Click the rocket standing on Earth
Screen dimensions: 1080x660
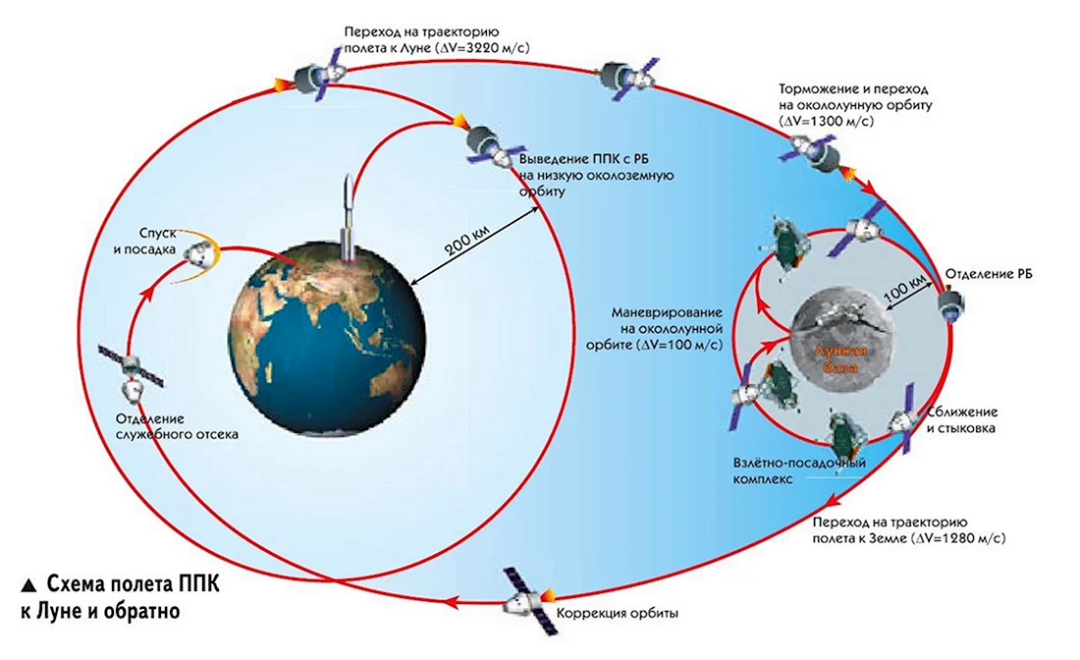pos(350,219)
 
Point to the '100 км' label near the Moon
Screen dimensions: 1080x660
pos(903,288)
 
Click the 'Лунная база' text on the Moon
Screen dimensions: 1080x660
pos(841,358)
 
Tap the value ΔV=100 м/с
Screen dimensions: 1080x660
pos(678,345)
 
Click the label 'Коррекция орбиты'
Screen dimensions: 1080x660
pos(617,613)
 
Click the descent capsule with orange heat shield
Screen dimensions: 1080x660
pos(202,252)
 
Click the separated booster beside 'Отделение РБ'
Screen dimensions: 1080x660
pos(952,303)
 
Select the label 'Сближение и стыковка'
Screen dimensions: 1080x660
pos(961,419)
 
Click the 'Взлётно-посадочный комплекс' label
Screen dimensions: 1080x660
pos(799,470)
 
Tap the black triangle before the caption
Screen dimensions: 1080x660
pos(28,585)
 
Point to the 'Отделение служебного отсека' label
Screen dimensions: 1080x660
pos(177,426)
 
